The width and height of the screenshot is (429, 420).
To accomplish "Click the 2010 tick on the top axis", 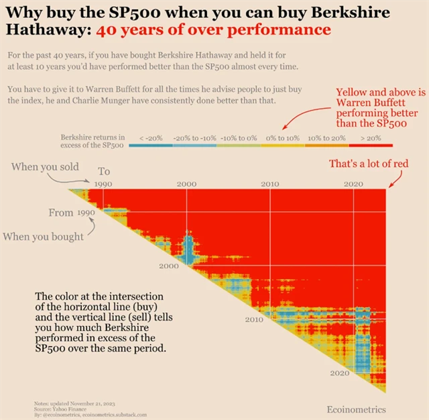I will [270, 184].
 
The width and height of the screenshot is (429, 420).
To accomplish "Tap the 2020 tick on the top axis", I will [353, 184].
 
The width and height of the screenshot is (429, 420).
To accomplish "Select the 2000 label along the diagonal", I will [169, 266].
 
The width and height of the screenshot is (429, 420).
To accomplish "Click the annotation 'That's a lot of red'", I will [368, 164].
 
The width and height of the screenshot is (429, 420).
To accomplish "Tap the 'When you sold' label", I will [45, 166].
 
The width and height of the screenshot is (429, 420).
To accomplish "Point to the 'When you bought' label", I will [44, 235].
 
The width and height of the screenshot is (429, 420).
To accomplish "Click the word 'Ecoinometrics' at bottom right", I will [357, 409].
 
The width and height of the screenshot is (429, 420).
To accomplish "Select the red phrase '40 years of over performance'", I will [213, 30].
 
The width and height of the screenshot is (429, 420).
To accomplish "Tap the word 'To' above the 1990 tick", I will [105, 172].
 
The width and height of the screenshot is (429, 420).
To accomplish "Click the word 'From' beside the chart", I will [61, 213].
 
